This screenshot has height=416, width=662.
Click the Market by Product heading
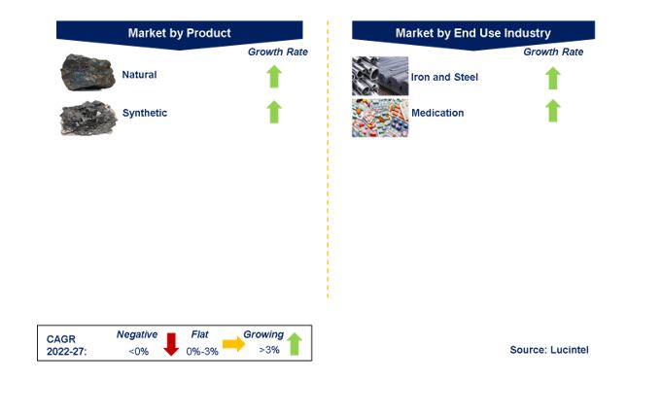click(x=180, y=33)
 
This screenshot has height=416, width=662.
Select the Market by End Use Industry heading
click(x=472, y=33)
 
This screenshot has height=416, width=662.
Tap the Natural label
click(x=139, y=75)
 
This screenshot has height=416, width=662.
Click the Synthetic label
click(x=145, y=113)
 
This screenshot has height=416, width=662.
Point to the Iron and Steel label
click(x=444, y=78)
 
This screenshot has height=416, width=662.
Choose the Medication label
click(x=437, y=113)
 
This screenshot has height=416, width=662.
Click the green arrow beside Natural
click(x=274, y=77)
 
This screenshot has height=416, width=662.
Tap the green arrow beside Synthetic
click(x=274, y=112)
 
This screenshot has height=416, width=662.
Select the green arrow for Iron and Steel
click(x=553, y=78)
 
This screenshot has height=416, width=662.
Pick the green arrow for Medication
click(x=553, y=111)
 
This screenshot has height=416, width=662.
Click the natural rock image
click(x=87, y=72)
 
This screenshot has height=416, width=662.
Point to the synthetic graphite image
click(x=88, y=118)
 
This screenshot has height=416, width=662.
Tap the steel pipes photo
click(x=380, y=76)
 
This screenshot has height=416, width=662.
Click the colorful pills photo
click(x=380, y=118)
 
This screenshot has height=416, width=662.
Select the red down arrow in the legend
click(x=171, y=344)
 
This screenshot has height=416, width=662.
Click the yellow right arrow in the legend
click(x=234, y=344)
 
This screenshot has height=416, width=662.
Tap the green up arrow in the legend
click(x=295, y=344)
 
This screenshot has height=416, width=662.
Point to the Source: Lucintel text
click(x=549, y=350)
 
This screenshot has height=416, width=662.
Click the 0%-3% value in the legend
click(x=202, y=352)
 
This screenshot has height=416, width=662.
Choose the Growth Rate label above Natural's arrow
click(x=277, y=52)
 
